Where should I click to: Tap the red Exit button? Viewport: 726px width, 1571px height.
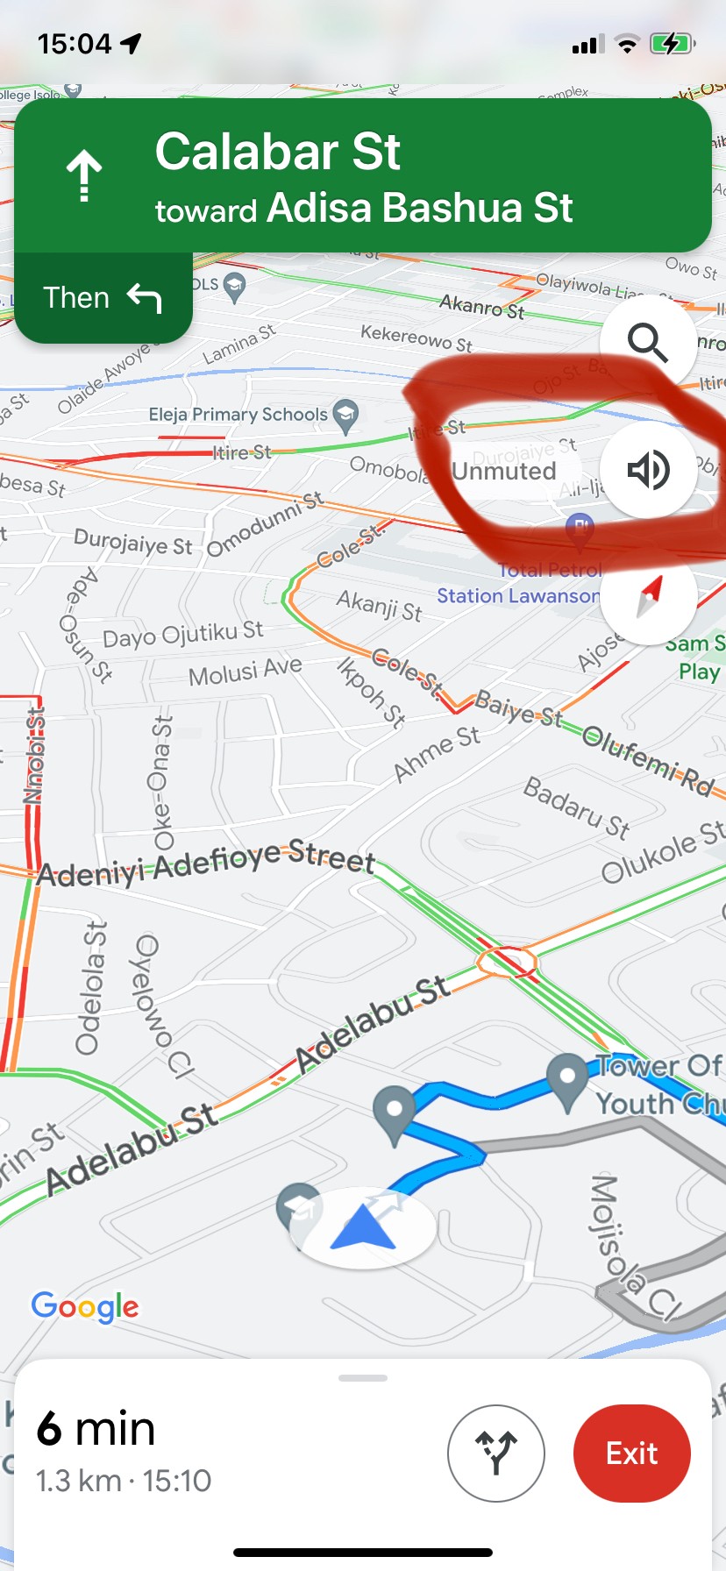point(631,1453)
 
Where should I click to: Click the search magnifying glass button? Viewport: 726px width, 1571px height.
point(647,342)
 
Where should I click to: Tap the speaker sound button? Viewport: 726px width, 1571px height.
point(648,470)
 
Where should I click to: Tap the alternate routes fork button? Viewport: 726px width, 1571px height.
point(495,1453)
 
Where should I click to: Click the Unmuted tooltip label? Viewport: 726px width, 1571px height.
point(503,472)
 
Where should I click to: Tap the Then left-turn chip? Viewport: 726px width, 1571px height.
point(103,298)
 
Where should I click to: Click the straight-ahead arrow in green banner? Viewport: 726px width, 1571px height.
point(84,175)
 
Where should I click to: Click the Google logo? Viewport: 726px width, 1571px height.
point(85,1306)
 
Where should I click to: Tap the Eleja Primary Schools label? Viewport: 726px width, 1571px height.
point(238,415)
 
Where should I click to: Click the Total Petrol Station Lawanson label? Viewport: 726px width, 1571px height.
point(519,584)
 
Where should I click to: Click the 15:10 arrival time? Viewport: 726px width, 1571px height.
point(176,1481)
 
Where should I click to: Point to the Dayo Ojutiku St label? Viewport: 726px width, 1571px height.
point(182,633)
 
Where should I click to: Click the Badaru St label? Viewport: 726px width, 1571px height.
point(576,807)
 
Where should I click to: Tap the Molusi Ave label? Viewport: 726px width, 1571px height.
point(245,672)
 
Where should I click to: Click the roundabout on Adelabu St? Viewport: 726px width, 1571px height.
point(506,961)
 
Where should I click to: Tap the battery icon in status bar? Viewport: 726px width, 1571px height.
point(672,44)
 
